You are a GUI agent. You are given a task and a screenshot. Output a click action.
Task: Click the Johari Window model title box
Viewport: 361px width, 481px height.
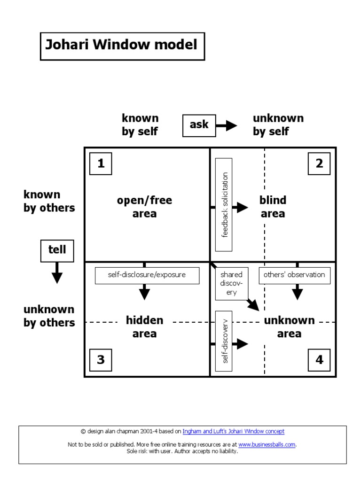coord(122,46)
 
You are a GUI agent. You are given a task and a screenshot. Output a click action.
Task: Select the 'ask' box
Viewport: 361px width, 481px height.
coord(199,125)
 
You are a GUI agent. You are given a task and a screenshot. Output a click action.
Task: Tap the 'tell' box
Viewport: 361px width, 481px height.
coord(57,250)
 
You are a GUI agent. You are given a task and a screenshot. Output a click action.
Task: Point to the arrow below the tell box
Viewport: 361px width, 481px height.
coord(57,273)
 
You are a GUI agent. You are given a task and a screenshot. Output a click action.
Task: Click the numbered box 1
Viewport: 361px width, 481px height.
coord(101,164)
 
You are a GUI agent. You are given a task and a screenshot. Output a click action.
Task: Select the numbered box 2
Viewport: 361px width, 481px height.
coord(319,164)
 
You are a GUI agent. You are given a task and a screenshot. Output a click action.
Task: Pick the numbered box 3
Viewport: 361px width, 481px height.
coord(101,360)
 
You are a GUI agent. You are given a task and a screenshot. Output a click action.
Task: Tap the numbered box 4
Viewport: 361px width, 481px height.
coord(319,360)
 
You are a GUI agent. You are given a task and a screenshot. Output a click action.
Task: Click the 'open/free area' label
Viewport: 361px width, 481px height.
coord(144,207)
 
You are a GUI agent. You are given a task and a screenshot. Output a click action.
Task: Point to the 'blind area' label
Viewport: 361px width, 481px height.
coord(273,207)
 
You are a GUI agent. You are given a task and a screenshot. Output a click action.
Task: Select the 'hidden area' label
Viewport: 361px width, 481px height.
coord(144,327)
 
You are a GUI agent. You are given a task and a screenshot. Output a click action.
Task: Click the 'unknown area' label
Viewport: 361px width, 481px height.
coord(289,327)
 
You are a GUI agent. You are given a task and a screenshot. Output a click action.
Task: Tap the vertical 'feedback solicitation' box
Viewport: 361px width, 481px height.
coord(224,204)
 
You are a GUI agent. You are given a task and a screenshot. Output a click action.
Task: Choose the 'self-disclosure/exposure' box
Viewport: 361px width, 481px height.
coord(147,275)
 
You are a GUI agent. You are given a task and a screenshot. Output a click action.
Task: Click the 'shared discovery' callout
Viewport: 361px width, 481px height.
coord(231,283)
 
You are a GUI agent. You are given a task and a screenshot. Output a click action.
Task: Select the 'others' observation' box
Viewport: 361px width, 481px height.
coord(294,275)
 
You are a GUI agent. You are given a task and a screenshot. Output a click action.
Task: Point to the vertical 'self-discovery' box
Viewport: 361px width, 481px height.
coord(224,341)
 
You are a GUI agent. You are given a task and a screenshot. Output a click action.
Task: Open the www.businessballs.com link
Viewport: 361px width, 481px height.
coord(267,444)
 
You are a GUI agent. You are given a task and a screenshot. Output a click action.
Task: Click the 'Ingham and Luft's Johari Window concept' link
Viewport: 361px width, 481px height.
coord(233,431)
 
